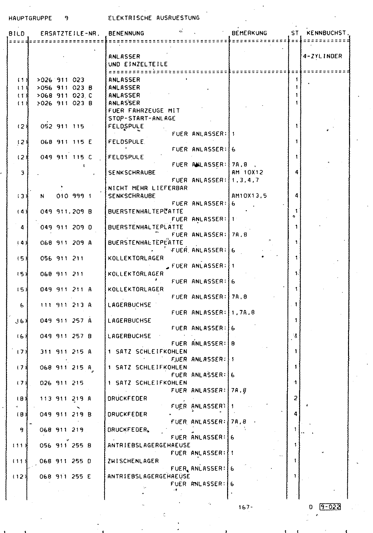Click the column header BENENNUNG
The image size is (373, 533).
coord(126,33)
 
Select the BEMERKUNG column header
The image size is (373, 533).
coord(249,33)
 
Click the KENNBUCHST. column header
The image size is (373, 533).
coord(328,33)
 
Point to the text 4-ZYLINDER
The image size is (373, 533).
coord(323,56)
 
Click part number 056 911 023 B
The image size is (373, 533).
coord(65,88)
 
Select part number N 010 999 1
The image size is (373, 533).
coord(66,196)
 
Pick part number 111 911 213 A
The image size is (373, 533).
coord(66,305)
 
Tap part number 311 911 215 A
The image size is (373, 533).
coord(66,352)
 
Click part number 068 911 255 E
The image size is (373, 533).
coord(65,477)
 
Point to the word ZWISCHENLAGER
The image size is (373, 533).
coord(133,461)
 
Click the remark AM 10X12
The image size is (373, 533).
coord(247,173)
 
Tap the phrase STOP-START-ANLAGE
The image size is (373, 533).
coord(142,119)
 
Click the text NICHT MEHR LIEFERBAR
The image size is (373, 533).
coord(148,188)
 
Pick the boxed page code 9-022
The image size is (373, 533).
coord(330,507)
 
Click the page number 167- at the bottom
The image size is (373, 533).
coord(246,507)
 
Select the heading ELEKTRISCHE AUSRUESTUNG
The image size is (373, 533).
coord(154,18)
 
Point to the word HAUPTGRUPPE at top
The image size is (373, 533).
coord(30,18)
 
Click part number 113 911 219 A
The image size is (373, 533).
coord(66,399)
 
